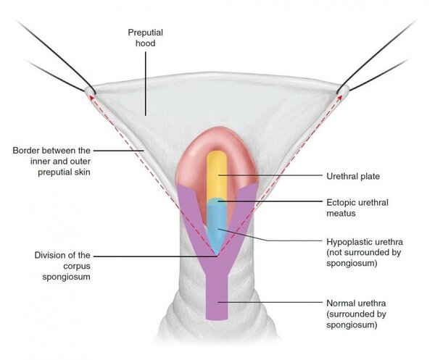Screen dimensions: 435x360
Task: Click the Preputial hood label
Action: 146,38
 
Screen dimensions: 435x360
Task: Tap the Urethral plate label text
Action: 353,176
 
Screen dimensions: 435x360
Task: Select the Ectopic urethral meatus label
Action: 357,208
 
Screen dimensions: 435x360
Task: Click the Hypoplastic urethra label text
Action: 365,252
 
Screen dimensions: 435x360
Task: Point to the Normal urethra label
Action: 356,314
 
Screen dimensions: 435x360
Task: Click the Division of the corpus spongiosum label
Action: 62,266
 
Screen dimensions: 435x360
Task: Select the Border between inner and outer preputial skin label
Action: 51,162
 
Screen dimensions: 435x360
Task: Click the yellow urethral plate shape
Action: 217,175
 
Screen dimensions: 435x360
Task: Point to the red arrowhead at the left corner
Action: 91,97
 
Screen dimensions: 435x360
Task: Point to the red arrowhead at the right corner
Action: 340,97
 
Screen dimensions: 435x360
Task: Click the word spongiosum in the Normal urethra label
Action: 352,325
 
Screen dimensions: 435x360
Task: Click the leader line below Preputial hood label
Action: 146,83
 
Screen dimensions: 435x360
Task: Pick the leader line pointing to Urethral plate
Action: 270,175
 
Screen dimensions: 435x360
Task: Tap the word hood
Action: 146,43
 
